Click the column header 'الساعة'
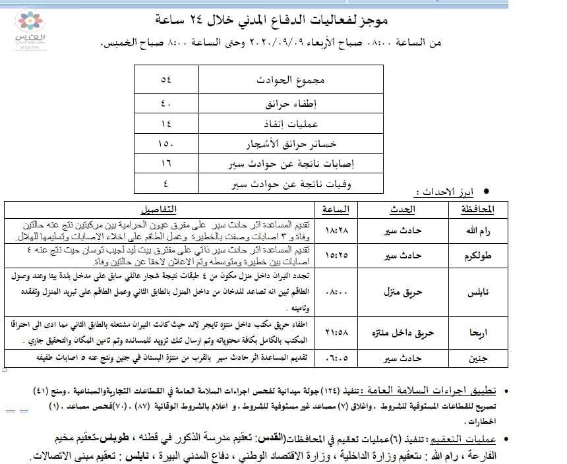(337, 210)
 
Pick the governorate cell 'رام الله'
(472, 230)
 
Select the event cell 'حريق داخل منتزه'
(404, 333)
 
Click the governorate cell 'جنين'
(472, 360)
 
